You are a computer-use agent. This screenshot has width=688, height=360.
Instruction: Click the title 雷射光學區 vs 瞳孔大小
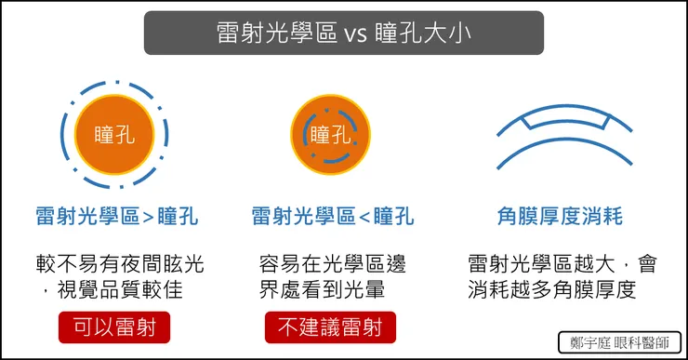(343, 33)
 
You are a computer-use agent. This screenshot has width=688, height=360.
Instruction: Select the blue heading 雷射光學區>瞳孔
(115, 217)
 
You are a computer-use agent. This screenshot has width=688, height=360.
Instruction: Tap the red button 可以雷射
(115, 329)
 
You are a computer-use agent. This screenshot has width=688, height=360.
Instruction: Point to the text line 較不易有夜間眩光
(115, 263)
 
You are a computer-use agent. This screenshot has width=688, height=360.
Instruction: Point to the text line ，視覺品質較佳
(115, 289)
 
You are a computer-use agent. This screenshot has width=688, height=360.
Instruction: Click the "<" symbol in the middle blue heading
(364, 218)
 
